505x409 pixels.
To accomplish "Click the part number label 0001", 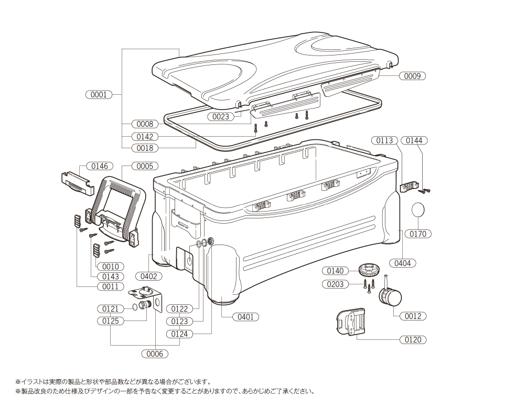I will coord(99,95).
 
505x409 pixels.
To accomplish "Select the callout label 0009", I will coord(412,76).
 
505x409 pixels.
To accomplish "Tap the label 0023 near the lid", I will coord(221,117).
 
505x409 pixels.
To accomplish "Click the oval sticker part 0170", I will coord(418,210).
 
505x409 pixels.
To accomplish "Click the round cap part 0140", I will coord(369,270).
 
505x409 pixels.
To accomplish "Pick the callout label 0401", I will coord(245,316).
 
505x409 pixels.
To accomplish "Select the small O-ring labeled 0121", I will coord(135,306).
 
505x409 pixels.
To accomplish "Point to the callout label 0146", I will coord(100,166).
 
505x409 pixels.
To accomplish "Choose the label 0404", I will coord(402,263).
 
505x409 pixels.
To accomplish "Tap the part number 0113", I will coord(384,140).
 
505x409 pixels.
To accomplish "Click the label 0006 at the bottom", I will coord(155,353).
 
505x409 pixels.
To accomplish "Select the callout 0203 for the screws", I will coord(335,284).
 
